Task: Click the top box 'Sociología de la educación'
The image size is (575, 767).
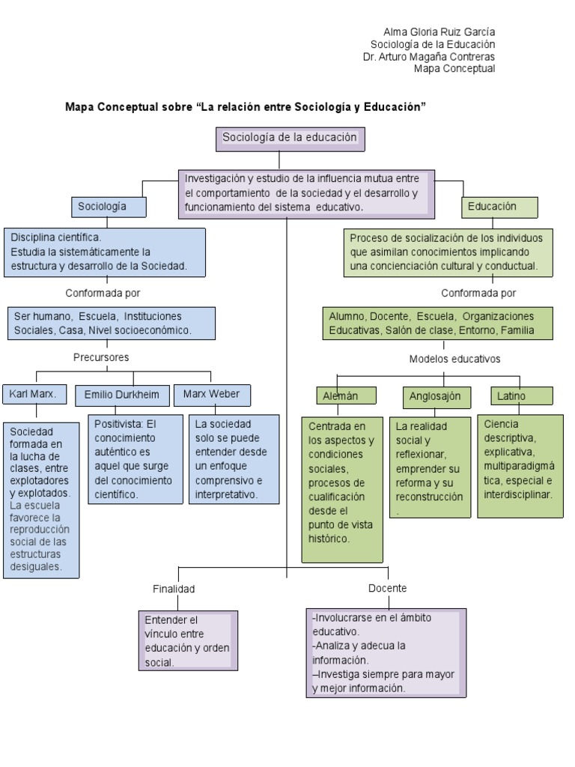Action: pos(279,139)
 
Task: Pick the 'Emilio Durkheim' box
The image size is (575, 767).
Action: pos(121,394)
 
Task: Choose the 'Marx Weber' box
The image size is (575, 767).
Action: pos(212,394)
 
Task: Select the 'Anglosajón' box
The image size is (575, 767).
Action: pos(435,395)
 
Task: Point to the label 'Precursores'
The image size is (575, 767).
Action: pos(101,357)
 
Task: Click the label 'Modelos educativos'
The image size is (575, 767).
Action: pos(454,359)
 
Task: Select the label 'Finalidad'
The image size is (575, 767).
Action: pos(174,589)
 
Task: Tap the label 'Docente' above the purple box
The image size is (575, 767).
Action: pos(387,588)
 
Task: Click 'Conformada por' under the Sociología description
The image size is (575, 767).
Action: pos(103,293)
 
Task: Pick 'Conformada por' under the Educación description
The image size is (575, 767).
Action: pos(478,293)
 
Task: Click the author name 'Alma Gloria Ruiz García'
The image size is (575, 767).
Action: pos(439,32)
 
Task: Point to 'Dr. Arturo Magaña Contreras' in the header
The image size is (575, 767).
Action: pos(428,56)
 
